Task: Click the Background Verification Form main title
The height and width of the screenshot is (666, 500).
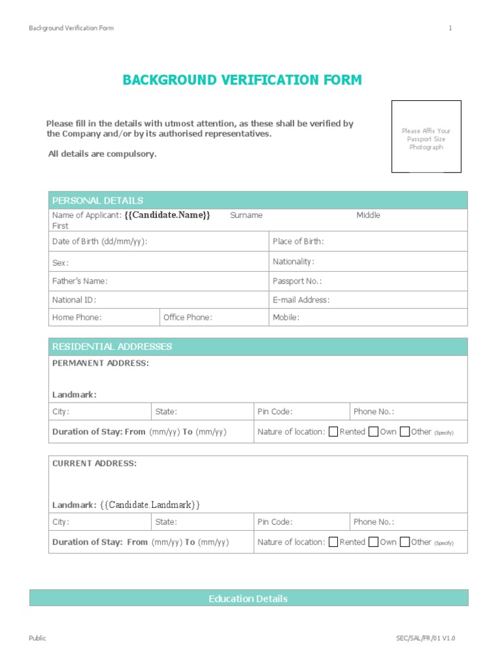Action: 242,81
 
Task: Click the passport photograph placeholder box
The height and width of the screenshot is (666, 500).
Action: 426,137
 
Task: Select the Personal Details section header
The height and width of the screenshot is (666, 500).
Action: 98,200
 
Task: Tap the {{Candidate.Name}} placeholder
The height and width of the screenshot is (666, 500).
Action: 167,215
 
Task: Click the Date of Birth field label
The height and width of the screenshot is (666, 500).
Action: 100,241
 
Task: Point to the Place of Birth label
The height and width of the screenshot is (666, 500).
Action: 298,241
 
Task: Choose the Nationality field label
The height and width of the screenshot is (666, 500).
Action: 294,261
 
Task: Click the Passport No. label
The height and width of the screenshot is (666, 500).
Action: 298,281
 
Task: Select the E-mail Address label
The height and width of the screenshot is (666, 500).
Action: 301,300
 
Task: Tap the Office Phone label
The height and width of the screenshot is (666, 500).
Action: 188,317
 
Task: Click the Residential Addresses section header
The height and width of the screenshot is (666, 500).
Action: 112,347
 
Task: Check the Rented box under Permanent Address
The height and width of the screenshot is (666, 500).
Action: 333,432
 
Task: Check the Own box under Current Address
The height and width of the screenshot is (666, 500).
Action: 373,542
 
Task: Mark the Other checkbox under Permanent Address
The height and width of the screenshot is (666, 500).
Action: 405,432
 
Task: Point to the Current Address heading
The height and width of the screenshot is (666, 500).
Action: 94,464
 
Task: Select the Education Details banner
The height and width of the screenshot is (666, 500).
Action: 248,598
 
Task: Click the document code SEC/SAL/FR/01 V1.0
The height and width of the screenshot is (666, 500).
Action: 426,639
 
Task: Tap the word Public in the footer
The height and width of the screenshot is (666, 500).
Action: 38,639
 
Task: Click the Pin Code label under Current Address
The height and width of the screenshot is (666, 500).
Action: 275,522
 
